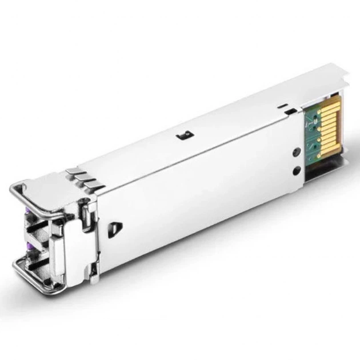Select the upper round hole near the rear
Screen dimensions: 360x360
point(296,151)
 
